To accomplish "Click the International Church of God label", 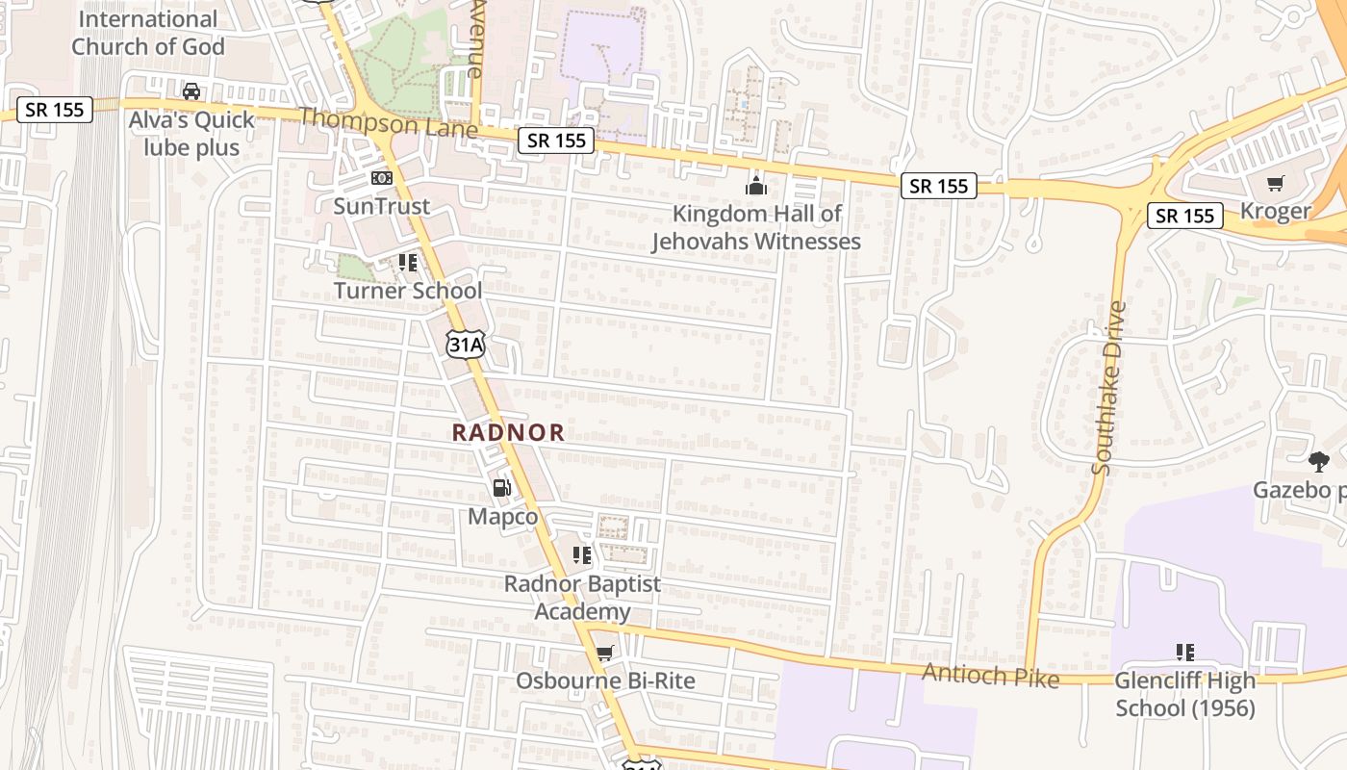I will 148,33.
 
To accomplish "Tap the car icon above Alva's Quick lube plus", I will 191,91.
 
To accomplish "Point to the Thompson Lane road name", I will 388,122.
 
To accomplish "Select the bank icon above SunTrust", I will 382,178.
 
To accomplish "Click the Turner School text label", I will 408,291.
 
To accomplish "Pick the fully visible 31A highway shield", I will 465,345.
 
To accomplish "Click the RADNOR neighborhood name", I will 508,432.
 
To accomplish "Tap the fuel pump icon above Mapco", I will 501,488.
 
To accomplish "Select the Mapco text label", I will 502,517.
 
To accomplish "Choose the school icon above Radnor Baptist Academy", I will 582,555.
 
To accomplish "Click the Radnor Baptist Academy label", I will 583,598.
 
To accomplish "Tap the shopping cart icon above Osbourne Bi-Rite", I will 604,654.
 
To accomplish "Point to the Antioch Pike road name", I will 990,676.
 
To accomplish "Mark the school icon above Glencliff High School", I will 1185,652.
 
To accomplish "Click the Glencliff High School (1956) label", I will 1185,694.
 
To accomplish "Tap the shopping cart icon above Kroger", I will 1276,183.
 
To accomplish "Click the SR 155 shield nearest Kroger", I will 1185,216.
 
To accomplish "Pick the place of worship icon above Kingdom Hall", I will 756,185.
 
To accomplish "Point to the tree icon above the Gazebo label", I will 1318,462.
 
